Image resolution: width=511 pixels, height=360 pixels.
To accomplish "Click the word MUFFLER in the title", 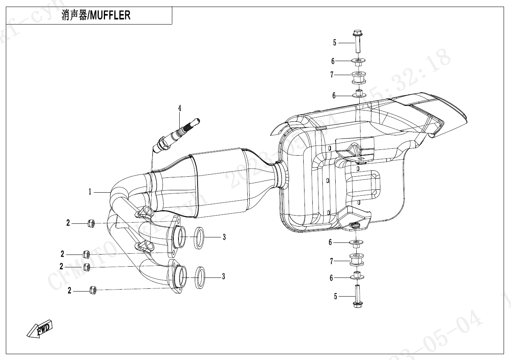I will click(x=110, y=16).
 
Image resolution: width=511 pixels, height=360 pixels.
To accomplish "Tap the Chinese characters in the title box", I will click(x=74, y=16).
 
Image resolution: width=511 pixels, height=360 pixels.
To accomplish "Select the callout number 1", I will click(x=90, y=192).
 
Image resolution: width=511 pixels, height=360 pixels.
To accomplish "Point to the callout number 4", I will click(x=180, y=108).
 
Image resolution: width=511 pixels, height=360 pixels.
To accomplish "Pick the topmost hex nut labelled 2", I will click(x=90, y=223).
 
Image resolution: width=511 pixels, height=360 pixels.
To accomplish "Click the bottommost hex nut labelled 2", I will click(x=93, y=290).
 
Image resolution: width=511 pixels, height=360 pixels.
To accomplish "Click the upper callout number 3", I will click(x=224, y=237).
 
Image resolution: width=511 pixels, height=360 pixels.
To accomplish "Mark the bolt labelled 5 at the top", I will click(x=357, y=42).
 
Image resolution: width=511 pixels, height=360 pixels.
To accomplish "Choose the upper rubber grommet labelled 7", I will click(x=357, y=77).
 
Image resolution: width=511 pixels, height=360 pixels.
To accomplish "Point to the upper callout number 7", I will click(x=332, y=75).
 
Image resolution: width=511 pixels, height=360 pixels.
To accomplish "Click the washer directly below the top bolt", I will click(x=357, y=61).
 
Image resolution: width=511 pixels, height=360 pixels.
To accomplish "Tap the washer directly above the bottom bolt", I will click(x=358, y=276).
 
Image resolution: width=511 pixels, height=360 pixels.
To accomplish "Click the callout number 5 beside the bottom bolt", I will click(x=335, y=297).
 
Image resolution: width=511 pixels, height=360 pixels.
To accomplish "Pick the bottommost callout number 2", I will click(x=70, y=291).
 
